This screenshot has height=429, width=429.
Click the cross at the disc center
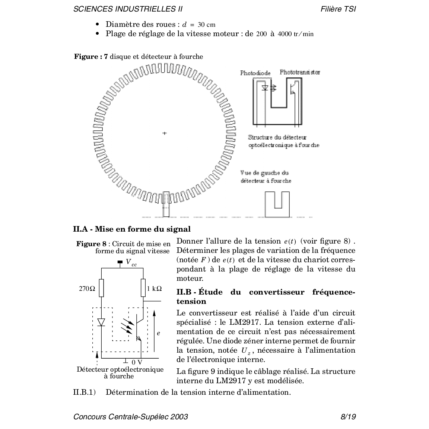pos(164,133)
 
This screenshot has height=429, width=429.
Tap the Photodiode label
pos(255,73)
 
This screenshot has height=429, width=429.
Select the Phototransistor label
pos(300,72)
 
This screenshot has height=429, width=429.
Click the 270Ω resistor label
pos(87,289)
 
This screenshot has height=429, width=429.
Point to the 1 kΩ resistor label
pos(154,289)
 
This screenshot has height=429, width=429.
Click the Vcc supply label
pos(131,263)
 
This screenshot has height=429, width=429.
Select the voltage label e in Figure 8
pos(158,333)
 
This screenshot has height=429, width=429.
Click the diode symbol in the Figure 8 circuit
pos(101,322)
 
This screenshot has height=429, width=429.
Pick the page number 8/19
pos(348,417)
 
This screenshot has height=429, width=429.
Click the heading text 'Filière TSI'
pos(338,9)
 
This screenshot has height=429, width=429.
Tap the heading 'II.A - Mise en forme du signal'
pos(132,229)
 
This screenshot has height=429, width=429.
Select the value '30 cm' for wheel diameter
pos(206,25)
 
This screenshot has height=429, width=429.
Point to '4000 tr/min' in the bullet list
pos(296,34)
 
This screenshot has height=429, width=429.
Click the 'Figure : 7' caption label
pos(91,57)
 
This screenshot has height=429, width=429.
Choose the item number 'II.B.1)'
pos(85,392)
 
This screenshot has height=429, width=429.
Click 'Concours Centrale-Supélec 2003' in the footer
pos(131,417)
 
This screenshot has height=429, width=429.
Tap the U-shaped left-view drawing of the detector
pos(277,204)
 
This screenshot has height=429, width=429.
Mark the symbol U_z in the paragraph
pos(244,350)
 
